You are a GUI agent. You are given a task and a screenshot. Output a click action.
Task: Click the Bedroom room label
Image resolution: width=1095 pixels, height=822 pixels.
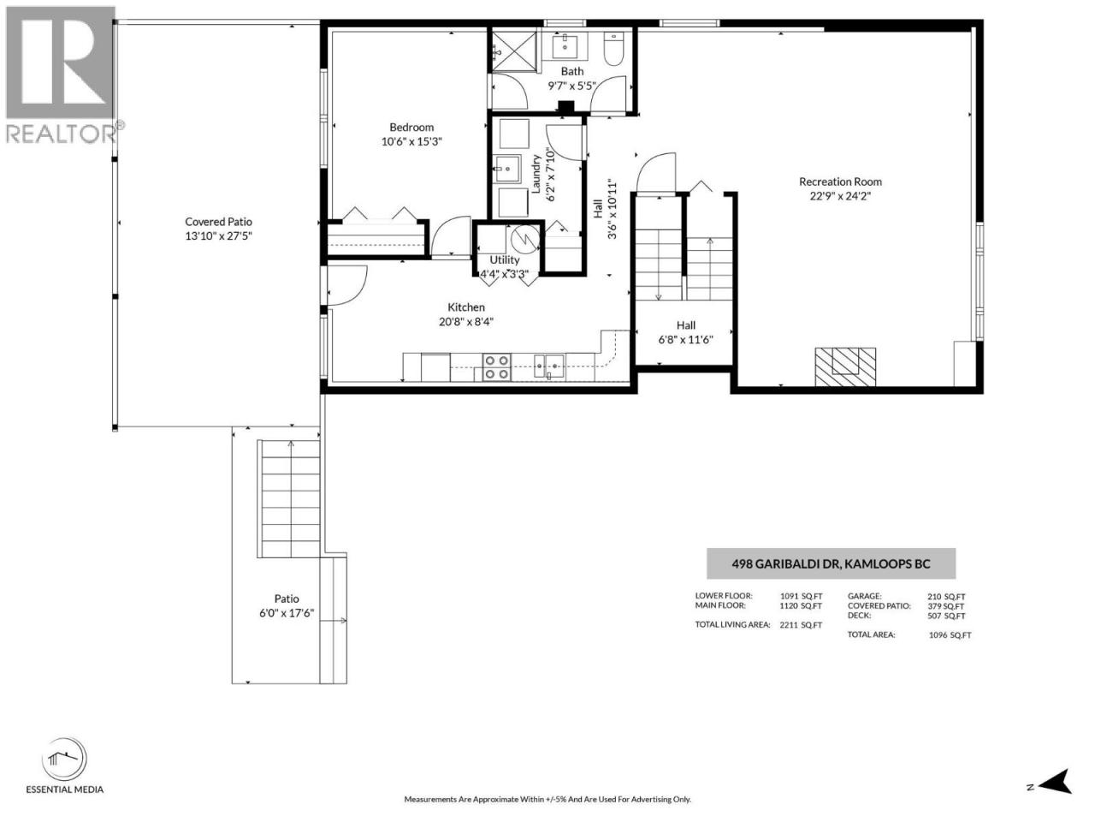411,128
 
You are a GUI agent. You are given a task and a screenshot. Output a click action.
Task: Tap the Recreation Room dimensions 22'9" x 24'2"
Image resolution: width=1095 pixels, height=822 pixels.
839,196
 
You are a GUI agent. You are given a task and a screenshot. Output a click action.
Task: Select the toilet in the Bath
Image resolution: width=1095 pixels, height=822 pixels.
613,49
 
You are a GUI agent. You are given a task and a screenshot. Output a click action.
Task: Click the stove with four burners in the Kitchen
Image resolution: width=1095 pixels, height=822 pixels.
496,366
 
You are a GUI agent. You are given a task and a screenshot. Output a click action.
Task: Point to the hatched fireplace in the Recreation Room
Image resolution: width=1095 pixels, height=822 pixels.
845,366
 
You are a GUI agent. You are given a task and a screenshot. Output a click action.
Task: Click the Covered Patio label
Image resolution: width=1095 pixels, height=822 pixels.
218,222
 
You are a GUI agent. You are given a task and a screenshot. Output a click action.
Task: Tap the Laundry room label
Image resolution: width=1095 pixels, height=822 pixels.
536,173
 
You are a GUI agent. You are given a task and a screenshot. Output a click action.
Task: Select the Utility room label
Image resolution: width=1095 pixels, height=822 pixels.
505,260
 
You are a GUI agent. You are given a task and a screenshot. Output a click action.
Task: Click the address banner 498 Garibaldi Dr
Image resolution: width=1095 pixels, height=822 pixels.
831,563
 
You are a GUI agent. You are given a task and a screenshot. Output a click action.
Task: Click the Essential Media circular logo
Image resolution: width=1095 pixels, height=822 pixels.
64,759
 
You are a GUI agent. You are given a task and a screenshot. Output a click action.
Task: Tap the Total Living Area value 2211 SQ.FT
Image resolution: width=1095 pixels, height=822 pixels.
801,625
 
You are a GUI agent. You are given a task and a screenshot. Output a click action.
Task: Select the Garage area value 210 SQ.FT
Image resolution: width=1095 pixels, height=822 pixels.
946,597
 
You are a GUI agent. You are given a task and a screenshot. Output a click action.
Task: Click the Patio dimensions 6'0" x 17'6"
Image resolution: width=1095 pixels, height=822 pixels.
287,613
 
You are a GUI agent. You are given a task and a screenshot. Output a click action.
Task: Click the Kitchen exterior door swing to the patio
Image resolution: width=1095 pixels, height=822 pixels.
347,285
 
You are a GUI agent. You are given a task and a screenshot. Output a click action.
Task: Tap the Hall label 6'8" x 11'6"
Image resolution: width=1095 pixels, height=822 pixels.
685,333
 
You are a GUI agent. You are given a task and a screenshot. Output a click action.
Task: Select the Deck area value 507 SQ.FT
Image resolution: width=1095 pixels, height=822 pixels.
946,616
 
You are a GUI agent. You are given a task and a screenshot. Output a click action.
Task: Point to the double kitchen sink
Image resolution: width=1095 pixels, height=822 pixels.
548,366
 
